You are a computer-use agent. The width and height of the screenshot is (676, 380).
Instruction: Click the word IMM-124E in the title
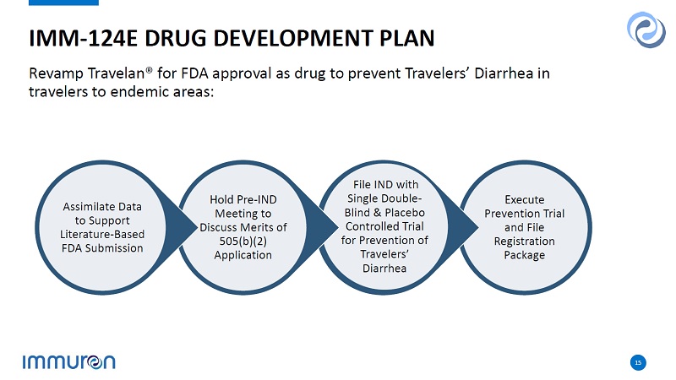pyautogui.click(x=83, y=38)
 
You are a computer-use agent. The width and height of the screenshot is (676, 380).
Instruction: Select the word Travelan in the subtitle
pyautogui.click(x=117, y=73)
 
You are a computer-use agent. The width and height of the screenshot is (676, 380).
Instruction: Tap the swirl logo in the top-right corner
pyautogui.click(x=646, y=30)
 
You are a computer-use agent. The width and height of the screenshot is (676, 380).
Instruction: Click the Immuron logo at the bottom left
pyautogui.click(x=69, y=362)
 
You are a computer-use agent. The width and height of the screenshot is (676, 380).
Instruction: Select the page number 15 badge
pyautogui.click(x=638, y=363)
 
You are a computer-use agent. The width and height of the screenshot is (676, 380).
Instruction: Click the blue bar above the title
pyautogui.click(x=64, y=3)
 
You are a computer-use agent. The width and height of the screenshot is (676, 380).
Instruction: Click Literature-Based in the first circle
pyautogui.click(x=102, y=235)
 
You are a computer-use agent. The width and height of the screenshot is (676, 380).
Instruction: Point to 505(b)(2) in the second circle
pyautogui.click(x=243, y=242)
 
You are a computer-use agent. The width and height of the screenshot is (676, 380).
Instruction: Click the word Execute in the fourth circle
pyautogui.click(x=524, y=200)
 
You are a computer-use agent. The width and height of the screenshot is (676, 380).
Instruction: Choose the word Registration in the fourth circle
pyautogui.click(x=524, y=242)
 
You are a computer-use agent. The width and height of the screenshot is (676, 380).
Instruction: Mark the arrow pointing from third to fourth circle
pyautogui.click(x=461, y=227)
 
